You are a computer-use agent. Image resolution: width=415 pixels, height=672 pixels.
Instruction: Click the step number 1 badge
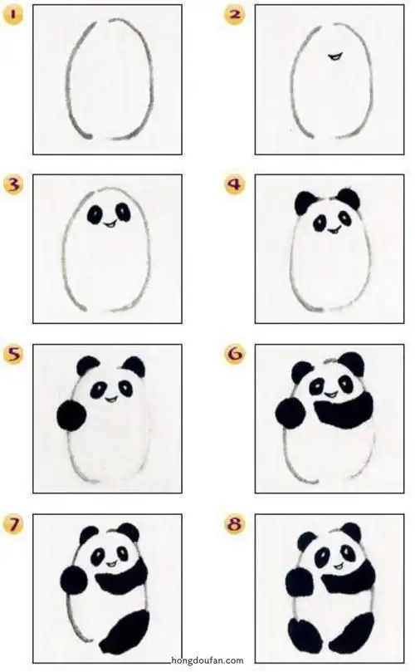pos(13,15)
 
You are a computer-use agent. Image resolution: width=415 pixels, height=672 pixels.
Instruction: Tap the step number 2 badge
pos(235,15)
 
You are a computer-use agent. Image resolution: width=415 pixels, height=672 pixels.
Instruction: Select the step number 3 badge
pos(13,184)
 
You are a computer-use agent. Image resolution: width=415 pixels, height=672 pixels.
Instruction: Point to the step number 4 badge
pos(235,184)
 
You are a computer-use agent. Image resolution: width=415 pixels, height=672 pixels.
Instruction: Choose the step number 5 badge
pos(13,355)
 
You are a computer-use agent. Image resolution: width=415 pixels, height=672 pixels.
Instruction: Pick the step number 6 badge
pos(235,355)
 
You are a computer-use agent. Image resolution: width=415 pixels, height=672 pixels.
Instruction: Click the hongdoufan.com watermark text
pos(207,661)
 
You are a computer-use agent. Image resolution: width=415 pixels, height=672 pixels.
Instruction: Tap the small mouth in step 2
pos(334,56)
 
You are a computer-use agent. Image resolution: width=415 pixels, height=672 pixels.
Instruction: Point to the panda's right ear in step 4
pos(349,199)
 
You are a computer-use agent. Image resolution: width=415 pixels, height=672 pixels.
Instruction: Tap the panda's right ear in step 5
pos(133,366)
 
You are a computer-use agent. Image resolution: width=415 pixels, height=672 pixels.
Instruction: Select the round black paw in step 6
pos(290,412)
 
